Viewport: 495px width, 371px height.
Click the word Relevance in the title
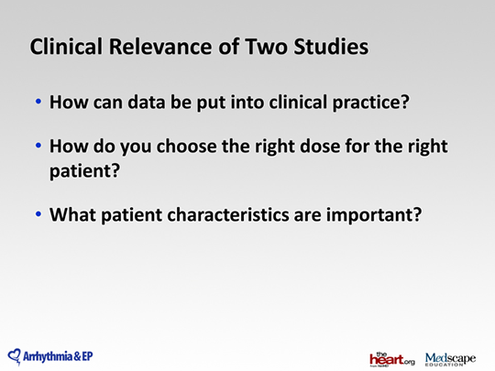(160, 47)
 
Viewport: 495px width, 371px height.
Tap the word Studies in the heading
(331, 47)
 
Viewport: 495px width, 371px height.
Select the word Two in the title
(266, 47)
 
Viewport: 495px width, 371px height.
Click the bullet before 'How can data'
(38, 102)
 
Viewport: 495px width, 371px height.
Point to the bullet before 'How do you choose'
(38, 146)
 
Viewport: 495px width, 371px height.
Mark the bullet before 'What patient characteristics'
(38, 213)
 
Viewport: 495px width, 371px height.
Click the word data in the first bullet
(146, 102)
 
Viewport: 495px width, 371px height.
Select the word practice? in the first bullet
(371, 103)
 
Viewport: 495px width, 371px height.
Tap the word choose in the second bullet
(187, 147)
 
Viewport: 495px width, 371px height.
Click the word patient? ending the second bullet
(85, 171)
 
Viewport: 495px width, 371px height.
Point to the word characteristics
(228, 215)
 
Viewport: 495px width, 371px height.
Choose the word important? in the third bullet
(374, 215)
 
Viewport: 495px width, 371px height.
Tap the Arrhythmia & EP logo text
(58, 357)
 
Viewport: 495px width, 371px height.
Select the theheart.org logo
(392, 359)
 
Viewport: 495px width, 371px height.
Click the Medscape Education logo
(450, 359)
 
